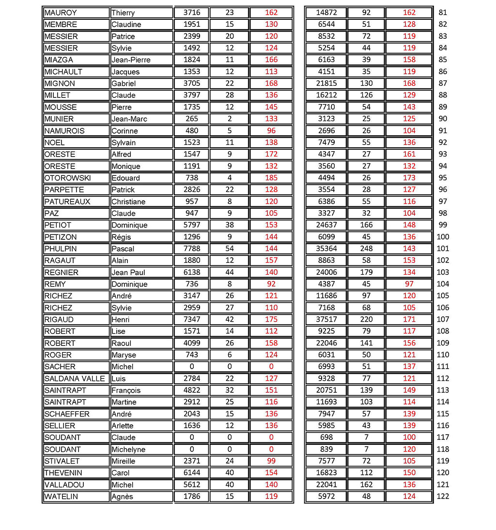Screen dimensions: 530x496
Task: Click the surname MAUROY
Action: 61,13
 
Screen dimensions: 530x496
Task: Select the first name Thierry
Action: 123,13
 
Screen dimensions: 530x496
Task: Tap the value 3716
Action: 191,13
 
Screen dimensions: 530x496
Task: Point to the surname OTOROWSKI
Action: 67,178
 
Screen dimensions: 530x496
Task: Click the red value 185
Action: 271,178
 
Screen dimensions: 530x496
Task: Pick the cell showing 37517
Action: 325,319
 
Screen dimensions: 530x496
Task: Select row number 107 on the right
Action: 443,319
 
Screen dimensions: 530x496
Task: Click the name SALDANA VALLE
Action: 75,378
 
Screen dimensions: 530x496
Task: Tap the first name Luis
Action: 118,379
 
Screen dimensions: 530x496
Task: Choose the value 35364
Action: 325,249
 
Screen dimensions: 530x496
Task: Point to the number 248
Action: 366,249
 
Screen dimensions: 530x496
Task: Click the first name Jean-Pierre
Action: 131,60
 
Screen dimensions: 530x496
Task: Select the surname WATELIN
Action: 61,497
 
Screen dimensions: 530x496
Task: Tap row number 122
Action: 443,496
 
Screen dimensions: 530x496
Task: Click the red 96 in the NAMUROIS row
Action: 271,130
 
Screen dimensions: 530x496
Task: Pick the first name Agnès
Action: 122,497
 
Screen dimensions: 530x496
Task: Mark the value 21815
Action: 325,83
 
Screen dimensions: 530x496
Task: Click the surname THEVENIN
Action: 63,473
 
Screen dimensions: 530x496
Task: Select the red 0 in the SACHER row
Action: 271,367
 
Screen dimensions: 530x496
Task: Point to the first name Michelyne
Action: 128,450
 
